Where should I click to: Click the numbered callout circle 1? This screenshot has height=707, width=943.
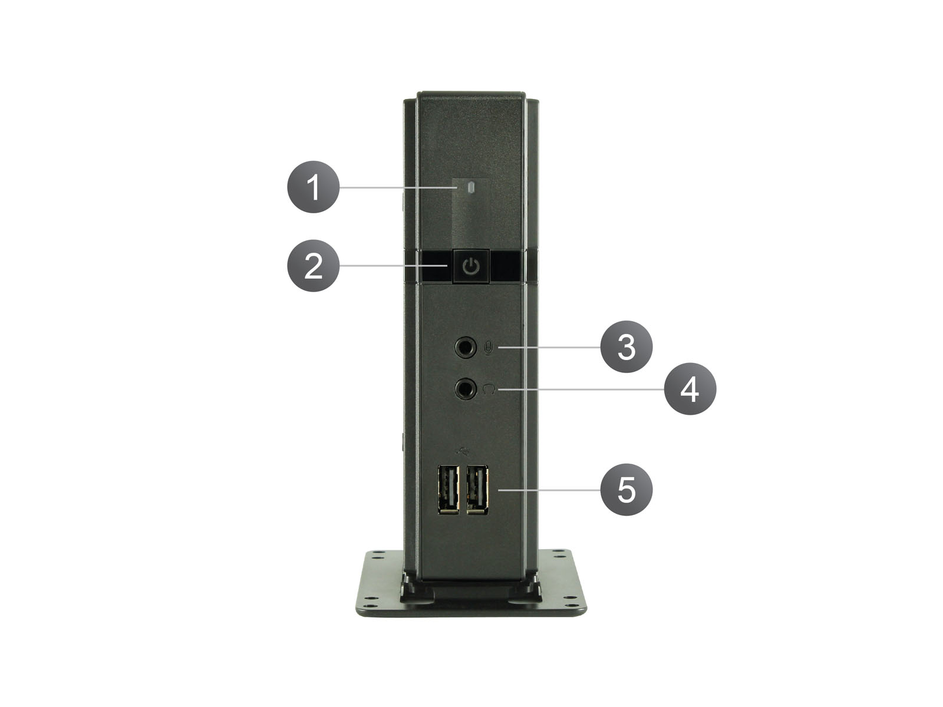[x=313, y=187]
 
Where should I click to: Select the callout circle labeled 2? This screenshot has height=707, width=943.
[x=313, y=266]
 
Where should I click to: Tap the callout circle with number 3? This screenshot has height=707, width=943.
[x=626, y=346]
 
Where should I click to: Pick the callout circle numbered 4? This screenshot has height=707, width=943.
[x=690, y=389]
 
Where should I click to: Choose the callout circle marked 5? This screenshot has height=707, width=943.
[x=626, y=490]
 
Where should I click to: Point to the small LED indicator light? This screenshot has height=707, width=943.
[x=471, y=187]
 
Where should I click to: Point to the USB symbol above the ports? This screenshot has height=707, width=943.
[x=463, y=451]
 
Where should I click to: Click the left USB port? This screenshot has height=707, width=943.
[x=448, y=490]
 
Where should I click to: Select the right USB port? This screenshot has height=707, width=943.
[x=477, y=490]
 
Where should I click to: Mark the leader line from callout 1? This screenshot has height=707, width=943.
[x=397, y=187]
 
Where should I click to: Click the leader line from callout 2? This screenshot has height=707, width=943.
[x=393, y=266]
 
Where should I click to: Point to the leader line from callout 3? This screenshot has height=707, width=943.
[x=549, y=346]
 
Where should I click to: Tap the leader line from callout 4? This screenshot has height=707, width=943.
[x=581, y=389]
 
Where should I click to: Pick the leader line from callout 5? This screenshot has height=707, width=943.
[x=549, y=490]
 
